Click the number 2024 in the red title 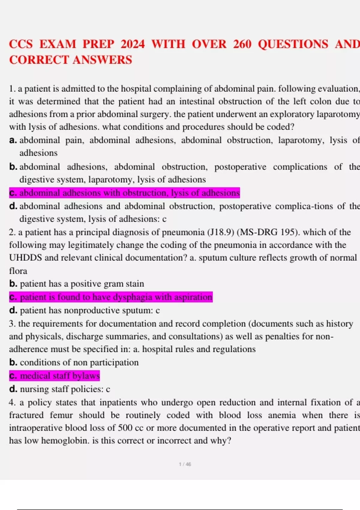[133, 44]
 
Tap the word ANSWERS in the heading [102, 60]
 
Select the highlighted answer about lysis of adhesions [124, 193]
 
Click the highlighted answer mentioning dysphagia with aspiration [111, 297]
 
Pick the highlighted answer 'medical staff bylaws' [55, 376]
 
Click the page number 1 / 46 [185, 464]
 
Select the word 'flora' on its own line [18, 271]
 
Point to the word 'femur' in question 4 [61, 415]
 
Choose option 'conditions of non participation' [79, 362]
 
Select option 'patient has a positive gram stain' [82, 284]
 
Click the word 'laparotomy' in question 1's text [341, 114]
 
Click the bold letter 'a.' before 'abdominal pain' [13, 140]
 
